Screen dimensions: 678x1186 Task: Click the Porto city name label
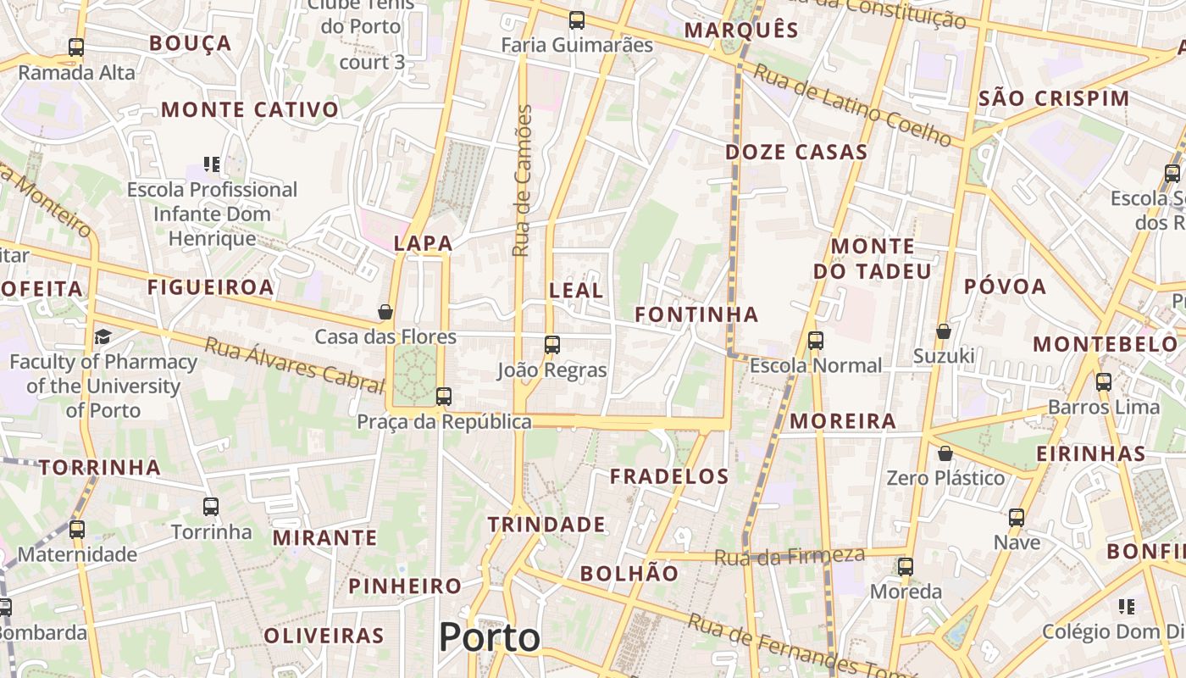(x=490, y=637)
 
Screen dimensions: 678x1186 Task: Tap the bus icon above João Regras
(x=552, y=344)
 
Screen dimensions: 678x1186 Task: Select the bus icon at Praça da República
(x=443, y=396)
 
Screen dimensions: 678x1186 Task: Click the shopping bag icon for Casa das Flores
(x=385, y=312)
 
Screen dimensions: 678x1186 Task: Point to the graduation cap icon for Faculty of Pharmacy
(x=103, y=336)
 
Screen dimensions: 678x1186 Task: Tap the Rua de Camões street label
(x=523, y=181)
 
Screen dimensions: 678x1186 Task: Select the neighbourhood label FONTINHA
(x=696, y=314)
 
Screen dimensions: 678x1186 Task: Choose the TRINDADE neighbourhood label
(x=546, y=525)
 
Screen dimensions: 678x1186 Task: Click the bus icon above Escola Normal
(x=816, y=341)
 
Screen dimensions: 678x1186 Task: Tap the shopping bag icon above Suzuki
(x=944, y=331)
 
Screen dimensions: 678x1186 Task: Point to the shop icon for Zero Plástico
(x=945, y=453)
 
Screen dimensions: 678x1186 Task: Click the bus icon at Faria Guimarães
(x=577, y=19)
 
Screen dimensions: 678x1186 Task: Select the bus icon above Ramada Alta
(x=76, y=47)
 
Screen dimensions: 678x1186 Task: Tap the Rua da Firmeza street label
(x=790, y=556)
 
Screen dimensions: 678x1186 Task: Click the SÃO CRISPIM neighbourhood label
(x=1054, y=98)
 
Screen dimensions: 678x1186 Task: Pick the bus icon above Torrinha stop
(x=211, y=507)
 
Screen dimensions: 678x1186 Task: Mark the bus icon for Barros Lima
(x=1103, y=381)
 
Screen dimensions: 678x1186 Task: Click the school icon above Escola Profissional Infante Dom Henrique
(x=212, y=164)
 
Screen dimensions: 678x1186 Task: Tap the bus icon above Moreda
(x=906, y=566)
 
